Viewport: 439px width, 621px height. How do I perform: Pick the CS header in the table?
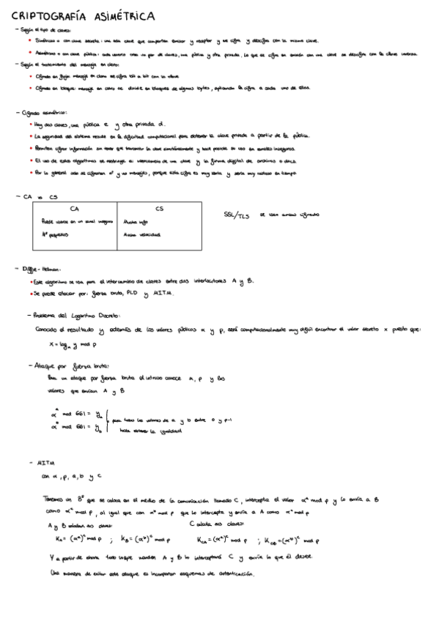[x=159, y=209]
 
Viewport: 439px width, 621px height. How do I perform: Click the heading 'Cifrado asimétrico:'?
[x=44, y=113]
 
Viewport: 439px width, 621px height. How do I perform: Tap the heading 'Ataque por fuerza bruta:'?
[x=71, y=365]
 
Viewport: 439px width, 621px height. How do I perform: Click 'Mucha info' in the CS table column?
[x=136, y=220]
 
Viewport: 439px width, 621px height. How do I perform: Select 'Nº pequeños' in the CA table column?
[x=56, y=234]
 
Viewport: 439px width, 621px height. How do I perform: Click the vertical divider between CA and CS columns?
[x=117, y=227]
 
